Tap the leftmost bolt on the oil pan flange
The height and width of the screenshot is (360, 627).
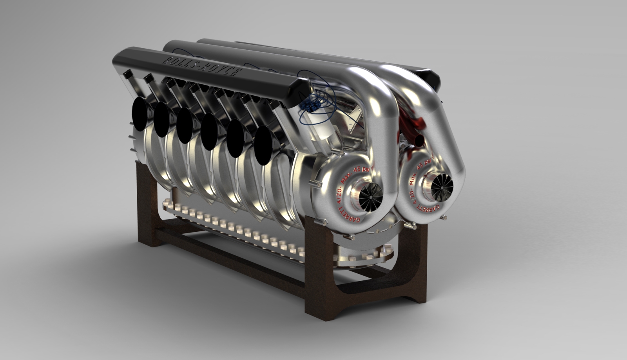(x=165, y=204)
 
